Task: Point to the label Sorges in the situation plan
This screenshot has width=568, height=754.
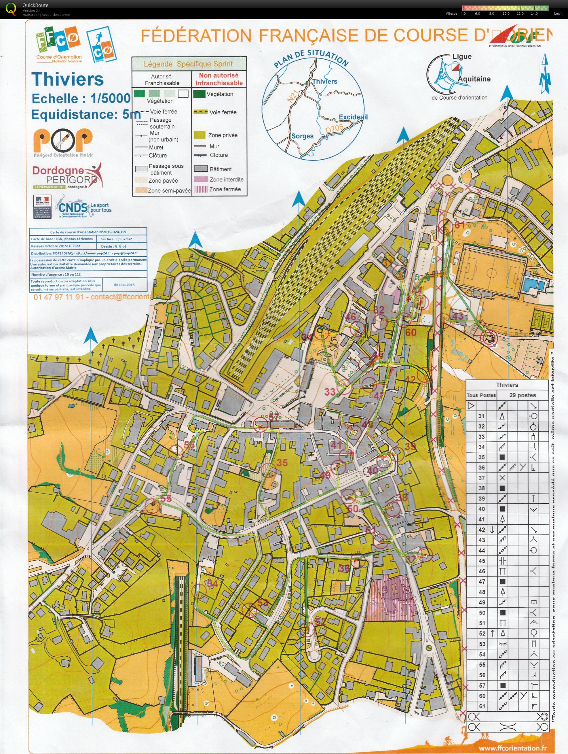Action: (x=302, y=136)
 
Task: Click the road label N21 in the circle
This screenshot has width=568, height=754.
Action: (x=292, y=96)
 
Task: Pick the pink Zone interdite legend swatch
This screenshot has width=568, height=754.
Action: (x=201, y=179)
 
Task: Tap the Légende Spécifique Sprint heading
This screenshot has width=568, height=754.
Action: (x=188, y=64)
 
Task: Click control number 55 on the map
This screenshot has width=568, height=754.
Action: (x=166, y=498)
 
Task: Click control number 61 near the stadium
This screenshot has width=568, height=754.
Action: (x=459, y=225)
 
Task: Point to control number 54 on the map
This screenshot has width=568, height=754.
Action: (x=212, y=583)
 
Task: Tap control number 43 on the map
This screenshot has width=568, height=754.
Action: (x=458, y=316)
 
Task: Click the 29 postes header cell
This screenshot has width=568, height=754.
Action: (x=522, y=395)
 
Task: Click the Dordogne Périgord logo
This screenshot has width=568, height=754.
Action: (x=67, y=176)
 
